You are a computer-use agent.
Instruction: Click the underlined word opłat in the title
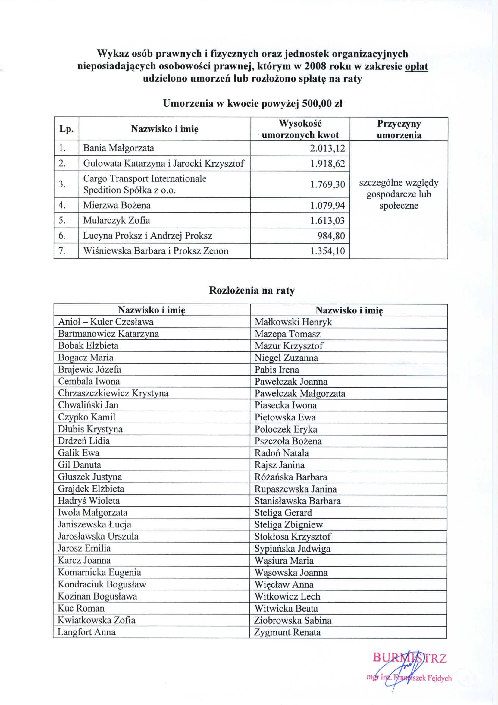(x=416, y=67)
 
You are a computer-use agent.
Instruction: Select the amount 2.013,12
(x=327, y=149)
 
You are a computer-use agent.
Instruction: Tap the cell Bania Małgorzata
(x=118, y=149)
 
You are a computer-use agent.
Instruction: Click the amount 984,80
(x=331, y=236)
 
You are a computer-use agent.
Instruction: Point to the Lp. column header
(x=66, y=129)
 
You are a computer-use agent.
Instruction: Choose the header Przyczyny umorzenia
(x=399, y=129)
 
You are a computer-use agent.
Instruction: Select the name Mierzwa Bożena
(x=117, y=205)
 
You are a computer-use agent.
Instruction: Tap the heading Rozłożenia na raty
(x=252, y=291)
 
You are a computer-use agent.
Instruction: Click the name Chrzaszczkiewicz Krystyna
(x=113, y=393)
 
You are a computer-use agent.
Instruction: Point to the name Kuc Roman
(x=81, y=608)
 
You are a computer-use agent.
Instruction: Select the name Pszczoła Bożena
(x=288, y=441)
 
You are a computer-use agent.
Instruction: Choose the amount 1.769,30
(x=327, y=184)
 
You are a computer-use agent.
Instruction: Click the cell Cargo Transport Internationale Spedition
(x=145, y=184)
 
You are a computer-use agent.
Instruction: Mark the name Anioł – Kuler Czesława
(x=106, y=322)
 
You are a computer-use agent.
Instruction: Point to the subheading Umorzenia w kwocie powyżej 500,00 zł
(x=252, y=104)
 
